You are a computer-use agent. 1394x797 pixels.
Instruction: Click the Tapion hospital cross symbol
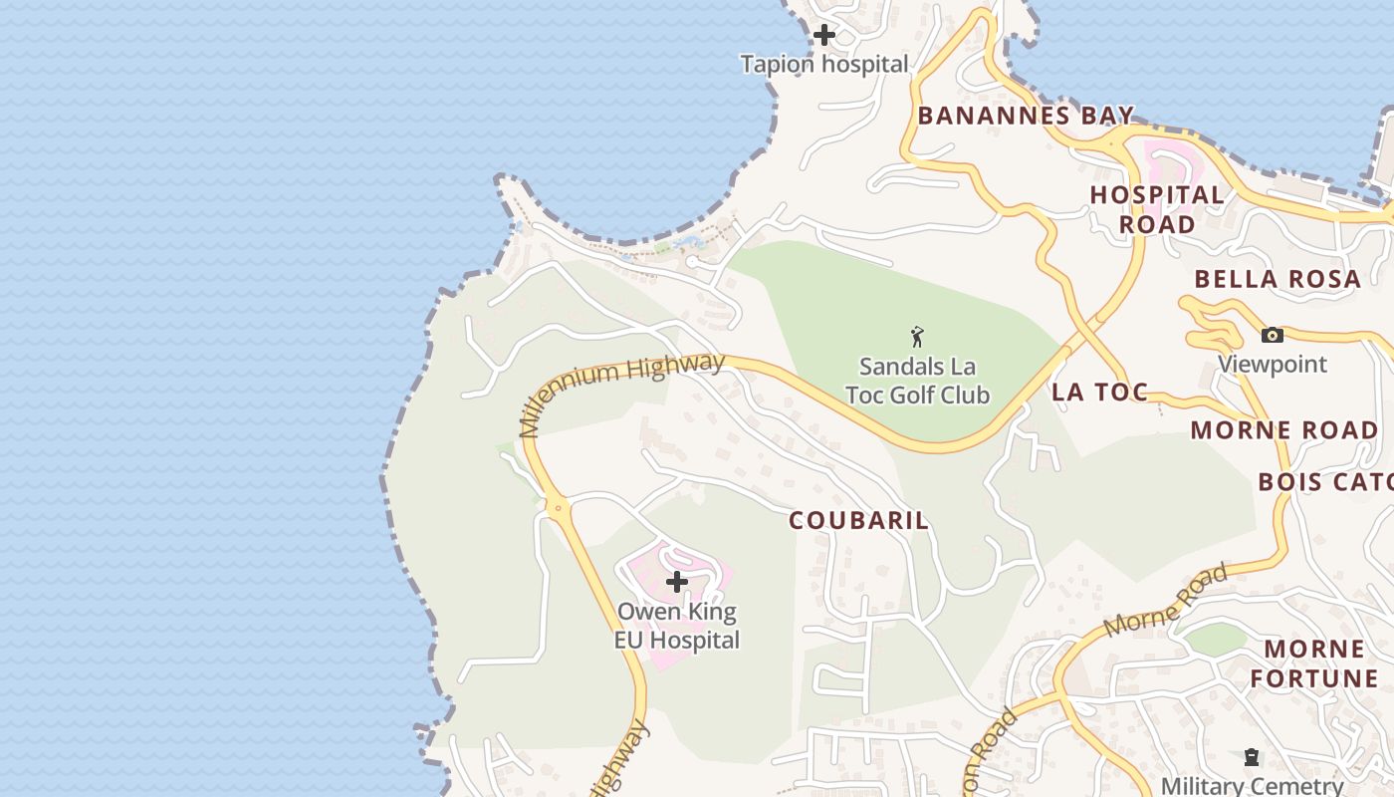[x=824, y=35]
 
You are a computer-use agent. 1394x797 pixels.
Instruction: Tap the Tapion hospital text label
[x=824, y=65]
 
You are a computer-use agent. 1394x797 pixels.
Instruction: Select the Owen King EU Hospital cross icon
[x=677, y=582]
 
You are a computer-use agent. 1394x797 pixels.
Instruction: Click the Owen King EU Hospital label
[x=677, y=626]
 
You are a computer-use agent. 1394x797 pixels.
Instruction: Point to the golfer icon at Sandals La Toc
[x=917, y=337]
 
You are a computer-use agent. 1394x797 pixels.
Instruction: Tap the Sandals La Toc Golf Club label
[x=917, y=381]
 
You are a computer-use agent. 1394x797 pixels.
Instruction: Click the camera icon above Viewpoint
[x=1272, y=336]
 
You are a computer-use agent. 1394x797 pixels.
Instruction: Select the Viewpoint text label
[x=1273, y=364]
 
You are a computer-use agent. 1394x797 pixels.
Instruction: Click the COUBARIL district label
[x=859, y=520]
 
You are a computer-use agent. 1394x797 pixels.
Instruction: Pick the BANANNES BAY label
[x=1026, y=116]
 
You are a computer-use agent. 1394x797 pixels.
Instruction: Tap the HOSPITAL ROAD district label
[x=1157, y=209]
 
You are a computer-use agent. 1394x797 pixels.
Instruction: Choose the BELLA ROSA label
[x=1278, y=279]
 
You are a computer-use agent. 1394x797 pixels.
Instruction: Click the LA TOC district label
[x=1099, y=393]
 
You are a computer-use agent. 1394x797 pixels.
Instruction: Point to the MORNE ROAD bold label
[x=1284, y=430]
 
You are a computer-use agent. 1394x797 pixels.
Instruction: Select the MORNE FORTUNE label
[x=1314, y=664]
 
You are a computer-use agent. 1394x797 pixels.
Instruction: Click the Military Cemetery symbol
[x=1252, y=758]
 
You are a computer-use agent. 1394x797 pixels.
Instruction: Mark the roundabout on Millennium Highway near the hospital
[x=558, y=508]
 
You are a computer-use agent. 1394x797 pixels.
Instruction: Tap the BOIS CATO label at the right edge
[x=1324, y=482]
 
